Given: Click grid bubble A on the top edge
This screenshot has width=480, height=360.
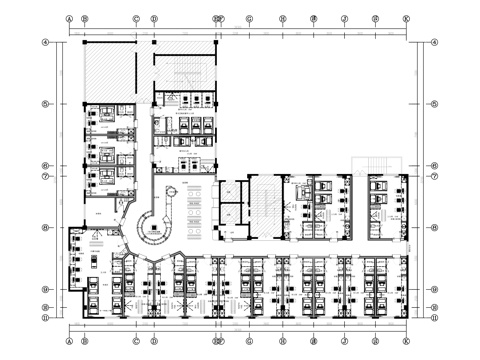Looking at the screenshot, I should (x=69, y=18).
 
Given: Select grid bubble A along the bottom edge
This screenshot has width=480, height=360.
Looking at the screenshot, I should (x=69, y=342).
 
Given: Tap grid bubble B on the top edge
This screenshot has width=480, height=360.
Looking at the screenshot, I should (x=85, y=18).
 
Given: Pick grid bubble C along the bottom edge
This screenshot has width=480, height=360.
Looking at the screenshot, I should (x=136, y=342).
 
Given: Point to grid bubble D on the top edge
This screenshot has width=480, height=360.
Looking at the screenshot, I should (x=154, y=18).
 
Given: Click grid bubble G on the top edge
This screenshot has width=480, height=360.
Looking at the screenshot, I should (x=250, y=18).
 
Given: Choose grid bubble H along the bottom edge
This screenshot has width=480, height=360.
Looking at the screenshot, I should (x=283, y=342).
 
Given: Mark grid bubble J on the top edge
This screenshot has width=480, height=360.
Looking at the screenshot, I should (x=344, y=18).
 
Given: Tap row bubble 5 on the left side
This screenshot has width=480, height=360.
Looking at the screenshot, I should (x=46, y=104).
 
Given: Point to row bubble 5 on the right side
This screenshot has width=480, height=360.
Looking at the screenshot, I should (x=435, y=104).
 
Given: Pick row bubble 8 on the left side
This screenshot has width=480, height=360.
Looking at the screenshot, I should (x=46, y=228).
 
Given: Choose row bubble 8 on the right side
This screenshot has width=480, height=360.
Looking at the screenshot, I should (x=435, y=228).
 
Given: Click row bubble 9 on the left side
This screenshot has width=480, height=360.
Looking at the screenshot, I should (x=46, y=290).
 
